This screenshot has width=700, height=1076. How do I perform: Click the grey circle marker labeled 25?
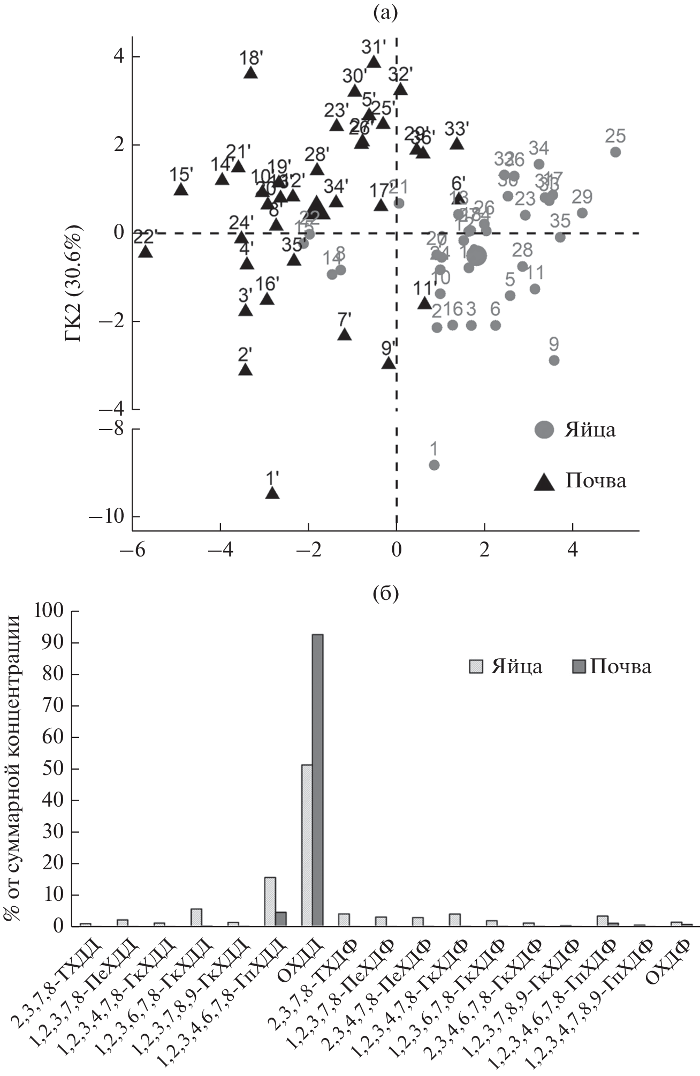[615, 152]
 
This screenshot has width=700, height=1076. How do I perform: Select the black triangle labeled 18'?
[250, 73]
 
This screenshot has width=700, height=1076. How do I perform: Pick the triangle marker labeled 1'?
[272, 493]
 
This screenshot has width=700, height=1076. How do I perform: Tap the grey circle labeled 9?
[554, 360]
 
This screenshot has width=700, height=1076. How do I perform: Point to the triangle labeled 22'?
[145, 251]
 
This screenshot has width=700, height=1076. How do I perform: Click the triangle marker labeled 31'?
[374, 62]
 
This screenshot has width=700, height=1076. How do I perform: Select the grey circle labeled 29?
[582, 213]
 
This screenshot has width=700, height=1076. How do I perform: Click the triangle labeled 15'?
[181, 189]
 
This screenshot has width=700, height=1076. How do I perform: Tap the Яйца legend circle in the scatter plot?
[545, 430]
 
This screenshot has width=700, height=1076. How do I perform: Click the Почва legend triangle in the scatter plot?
[545, 481]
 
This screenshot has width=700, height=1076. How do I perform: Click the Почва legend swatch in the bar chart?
[579, 667]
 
